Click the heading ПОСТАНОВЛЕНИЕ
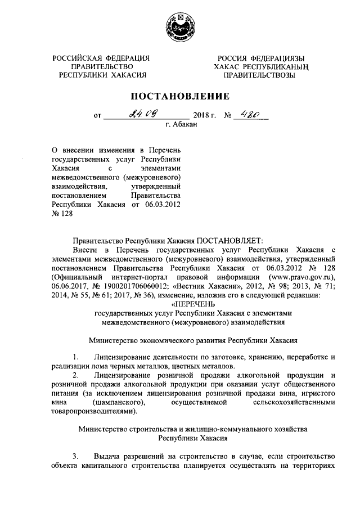tap(181, 96)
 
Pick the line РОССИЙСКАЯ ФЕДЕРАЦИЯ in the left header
tap(101, 57)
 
